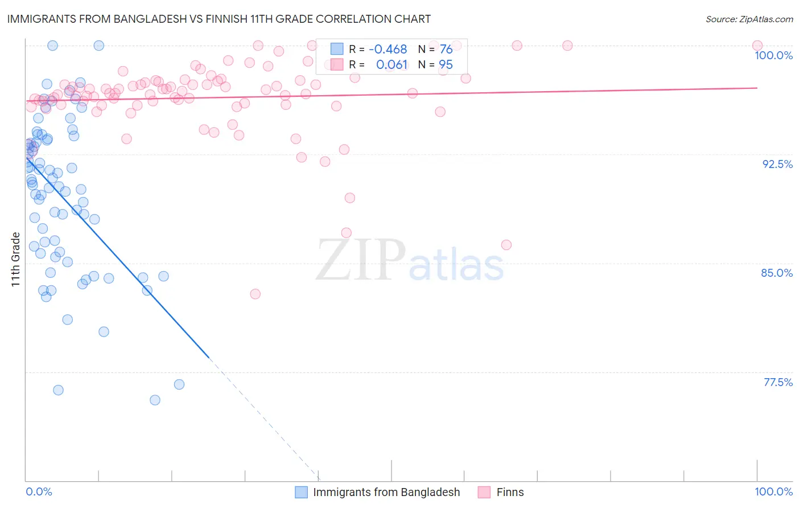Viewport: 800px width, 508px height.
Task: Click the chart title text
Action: (x=218, y=19)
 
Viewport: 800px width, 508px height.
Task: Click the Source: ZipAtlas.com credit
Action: (x=749, y=19)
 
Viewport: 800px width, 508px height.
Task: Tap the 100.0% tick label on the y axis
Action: (x=773, y=55)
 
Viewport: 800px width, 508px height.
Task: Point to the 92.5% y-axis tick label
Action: (x=777, y=164)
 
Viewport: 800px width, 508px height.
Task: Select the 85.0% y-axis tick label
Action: (x=777, y=273)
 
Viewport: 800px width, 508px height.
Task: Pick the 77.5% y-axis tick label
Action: (x=778, y=382)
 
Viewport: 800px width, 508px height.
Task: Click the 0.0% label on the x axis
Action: (x=39, y=491)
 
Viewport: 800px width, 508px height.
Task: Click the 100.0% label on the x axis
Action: (x=773, y=491)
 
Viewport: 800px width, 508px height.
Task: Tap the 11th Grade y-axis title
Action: (x=16, y=259)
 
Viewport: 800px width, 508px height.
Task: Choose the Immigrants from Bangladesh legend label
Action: (x=386, y=492)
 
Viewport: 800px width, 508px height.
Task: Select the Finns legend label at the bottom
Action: (x=510, y=492)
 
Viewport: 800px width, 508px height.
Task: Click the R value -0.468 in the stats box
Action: (x=388, y=50)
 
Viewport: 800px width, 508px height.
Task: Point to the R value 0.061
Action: (x=391, y=65)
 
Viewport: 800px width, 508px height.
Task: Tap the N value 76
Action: (x=446, y=50)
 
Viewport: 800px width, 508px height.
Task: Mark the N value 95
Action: (x=446, y=65)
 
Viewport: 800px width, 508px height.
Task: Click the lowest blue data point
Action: (x=155, y=400)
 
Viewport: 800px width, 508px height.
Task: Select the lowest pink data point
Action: (x=255, y=294)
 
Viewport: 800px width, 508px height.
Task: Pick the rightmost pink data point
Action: (x=757, y=46)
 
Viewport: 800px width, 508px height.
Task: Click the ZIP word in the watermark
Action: (x=360, y=260)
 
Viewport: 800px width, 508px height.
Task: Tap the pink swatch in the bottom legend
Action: (x=484, y=492)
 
